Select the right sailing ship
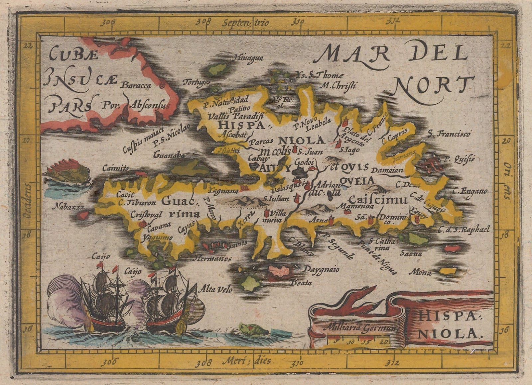point(166,301)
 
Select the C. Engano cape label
point(469,191)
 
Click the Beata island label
point(301,283)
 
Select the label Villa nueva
point(272,216)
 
